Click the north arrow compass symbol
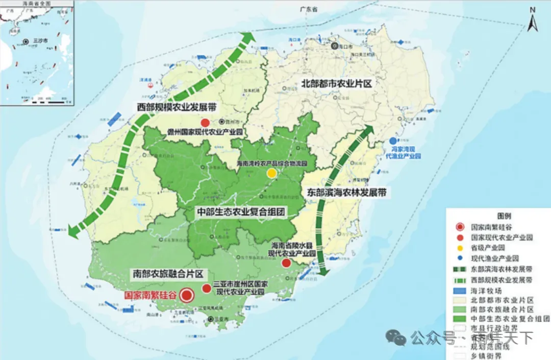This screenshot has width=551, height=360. pyautogui.click(x=533, y=19)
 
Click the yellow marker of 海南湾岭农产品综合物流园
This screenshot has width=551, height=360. pyautogui.click(x=272, y=174)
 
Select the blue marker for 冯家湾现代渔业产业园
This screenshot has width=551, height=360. pyautogui.click(x=393, y=141)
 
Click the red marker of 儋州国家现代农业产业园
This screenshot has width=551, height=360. pyautogui.click(x=205, y=123)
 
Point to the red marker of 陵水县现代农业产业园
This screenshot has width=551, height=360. pyautogui.click(x=286, y=263)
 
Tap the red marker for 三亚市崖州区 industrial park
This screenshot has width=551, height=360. pyautogui.click(x=207, y=289)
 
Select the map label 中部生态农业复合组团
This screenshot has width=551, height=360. pyautogui.click(x=240, y=211)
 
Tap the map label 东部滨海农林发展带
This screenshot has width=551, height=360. pyautogui.click(x=346, y=193)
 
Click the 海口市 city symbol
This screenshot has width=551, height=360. pyautogui.click(x=335, y=46)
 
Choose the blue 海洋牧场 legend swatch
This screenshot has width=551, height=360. pyautogui.click(x=460, y=291)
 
